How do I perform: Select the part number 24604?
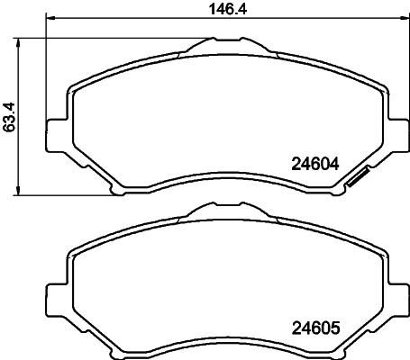pos(314,165)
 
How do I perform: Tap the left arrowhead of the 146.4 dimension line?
pos(50,18)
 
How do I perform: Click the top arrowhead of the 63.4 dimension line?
pos(20,41)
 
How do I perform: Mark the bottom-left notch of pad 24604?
pos(114,189)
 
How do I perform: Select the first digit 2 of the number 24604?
pos(296,165)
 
